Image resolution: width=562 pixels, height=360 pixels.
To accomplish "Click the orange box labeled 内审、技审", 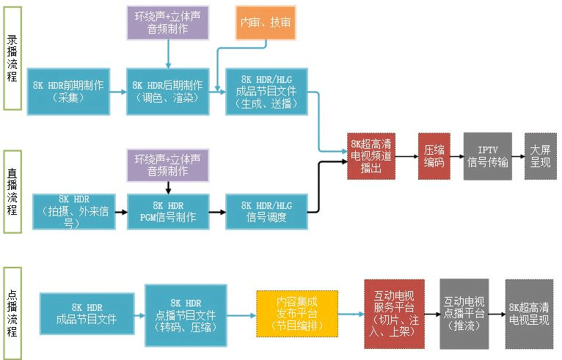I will coord(265,23).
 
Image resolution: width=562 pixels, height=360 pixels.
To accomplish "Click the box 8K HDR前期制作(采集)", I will coord(67,91).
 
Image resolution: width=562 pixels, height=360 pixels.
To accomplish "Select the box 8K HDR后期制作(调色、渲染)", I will coord(168,91).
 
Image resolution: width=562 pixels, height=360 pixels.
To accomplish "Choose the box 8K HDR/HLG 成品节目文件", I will coord(267,91).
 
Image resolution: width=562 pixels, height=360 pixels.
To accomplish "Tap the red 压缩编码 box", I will coord(434,156).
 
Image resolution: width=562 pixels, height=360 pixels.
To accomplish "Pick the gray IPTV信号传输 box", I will coord(487,156).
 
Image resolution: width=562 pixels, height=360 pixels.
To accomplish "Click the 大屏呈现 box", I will coord(540,156).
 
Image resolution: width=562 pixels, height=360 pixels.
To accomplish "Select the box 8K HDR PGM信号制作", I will coord(168,211).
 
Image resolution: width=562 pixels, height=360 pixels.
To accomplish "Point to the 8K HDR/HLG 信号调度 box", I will coord(267,211).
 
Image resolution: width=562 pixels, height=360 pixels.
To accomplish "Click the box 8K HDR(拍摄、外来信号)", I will coord(73,211).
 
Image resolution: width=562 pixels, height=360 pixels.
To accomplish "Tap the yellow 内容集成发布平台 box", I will coord(297,314).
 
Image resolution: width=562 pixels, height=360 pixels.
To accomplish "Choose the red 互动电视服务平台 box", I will coord(394,314).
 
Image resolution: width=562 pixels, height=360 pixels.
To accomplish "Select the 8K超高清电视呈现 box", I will coord(530,314).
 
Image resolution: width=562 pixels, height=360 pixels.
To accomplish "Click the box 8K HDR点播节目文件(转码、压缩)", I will coord(186,314).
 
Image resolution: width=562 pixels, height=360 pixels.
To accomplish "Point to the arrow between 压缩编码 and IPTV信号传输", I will coord(454,156).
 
